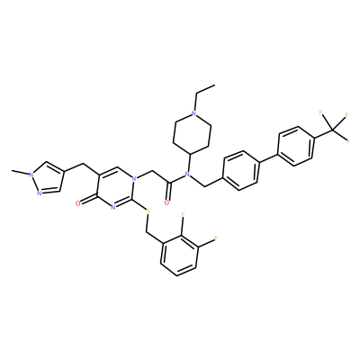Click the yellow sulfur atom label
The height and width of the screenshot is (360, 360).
coord(148,211)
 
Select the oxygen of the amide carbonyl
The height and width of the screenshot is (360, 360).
coord(166,202)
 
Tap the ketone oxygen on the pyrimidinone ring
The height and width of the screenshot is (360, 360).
coord(78,203)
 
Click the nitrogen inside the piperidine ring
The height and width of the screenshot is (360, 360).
coord(194,113)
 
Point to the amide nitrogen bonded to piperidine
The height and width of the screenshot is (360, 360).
coord(186,174)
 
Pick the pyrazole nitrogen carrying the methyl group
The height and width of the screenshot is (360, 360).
coord(30,174)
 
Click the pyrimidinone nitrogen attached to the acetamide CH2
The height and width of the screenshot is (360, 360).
coord(134,179)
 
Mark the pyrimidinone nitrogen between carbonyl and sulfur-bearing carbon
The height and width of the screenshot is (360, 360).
coord(113,207)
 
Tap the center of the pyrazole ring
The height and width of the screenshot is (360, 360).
coord(48,178)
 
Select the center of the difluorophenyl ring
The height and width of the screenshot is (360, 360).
coord(179,256)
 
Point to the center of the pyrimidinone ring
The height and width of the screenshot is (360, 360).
coord(115,187)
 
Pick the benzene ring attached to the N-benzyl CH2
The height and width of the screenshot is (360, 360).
coord(241,170)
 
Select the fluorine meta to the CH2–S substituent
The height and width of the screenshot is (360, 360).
coord(215,238)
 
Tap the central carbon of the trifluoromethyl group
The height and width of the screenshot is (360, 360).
coord(332,130)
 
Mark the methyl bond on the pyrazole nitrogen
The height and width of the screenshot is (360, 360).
coord(20,173)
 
